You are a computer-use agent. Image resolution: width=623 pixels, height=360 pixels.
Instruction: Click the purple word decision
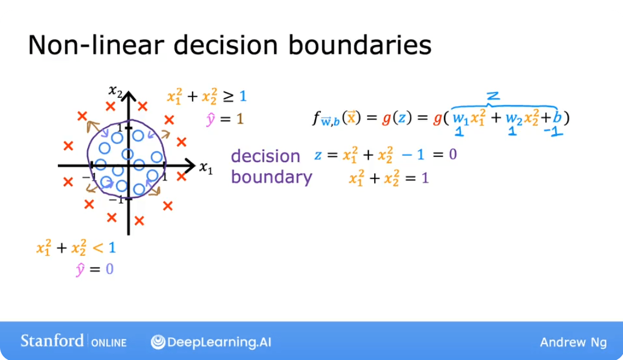coord(265,156)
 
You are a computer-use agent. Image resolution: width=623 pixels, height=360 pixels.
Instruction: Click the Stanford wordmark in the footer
coord(52,341)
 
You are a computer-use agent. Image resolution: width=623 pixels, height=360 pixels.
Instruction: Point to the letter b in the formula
coord(557,118)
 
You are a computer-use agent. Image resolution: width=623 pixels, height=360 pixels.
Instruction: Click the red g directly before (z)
coord(386,119)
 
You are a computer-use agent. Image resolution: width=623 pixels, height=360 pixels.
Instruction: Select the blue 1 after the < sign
coord(111,248)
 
